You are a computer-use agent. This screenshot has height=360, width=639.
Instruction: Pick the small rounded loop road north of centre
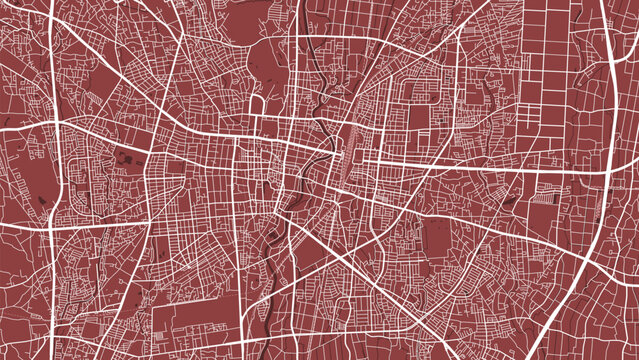(x=255, y=104)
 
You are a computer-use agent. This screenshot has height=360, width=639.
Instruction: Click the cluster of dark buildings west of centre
(x=127, y=158)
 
